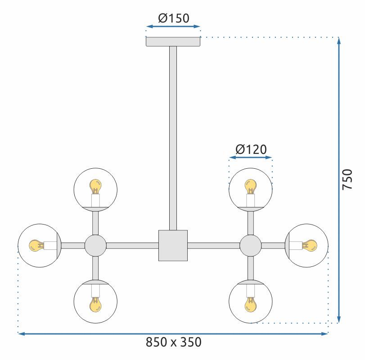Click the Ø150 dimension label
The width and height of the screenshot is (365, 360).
173,18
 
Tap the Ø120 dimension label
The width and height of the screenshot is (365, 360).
251,149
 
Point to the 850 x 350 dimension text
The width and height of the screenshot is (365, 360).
173,342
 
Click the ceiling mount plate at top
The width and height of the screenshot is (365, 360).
173,41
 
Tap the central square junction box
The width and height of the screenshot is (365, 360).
173,246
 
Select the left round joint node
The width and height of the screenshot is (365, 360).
95,246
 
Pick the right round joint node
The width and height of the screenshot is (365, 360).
250,246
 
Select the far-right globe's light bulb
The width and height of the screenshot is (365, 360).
310,246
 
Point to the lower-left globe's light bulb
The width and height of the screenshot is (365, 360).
95,306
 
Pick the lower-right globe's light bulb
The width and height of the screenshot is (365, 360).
250,306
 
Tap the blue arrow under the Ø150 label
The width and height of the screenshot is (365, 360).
173,27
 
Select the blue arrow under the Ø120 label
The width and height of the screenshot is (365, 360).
251,158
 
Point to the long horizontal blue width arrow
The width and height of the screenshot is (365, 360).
173,333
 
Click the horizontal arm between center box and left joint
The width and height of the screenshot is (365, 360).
132,246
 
